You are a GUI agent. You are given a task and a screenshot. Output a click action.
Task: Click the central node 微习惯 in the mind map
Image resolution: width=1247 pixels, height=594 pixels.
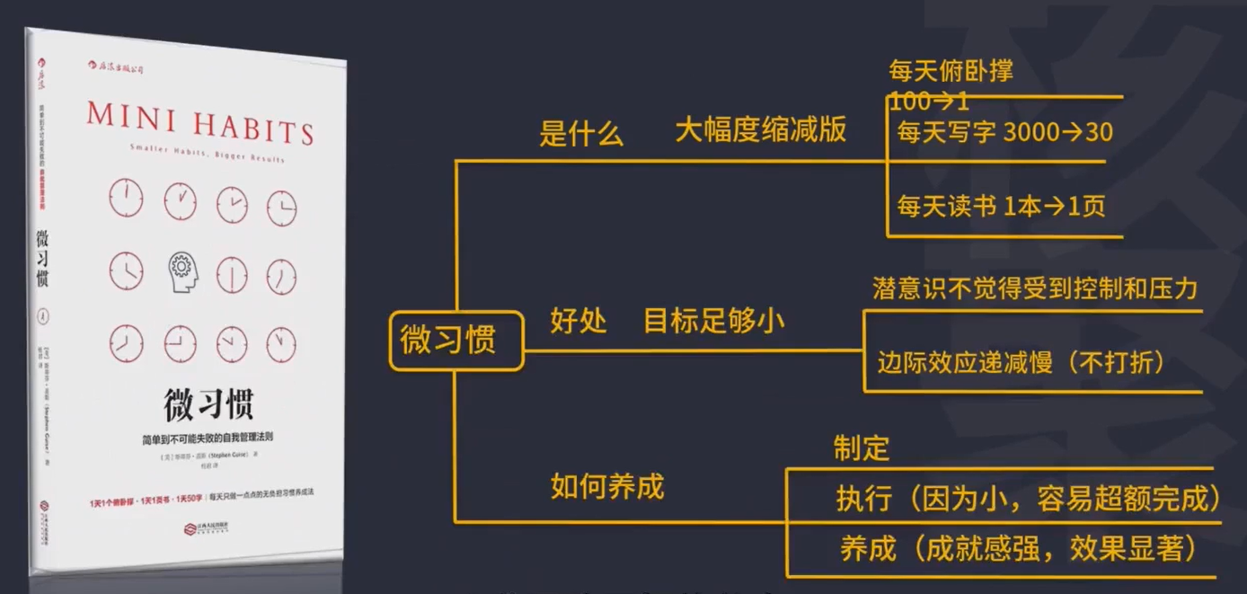click(x=455, y=341)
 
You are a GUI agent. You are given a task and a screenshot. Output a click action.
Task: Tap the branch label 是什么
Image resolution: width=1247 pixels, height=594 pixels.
click(x=580, y=134)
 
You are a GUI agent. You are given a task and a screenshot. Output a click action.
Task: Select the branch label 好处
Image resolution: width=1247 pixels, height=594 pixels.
click(x=579, y=321)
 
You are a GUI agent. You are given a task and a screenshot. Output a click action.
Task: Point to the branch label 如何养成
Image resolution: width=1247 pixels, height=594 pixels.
click(x=606, y=486)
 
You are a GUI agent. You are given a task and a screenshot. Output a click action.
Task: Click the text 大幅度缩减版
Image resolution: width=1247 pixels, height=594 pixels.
click(x=760, y=130)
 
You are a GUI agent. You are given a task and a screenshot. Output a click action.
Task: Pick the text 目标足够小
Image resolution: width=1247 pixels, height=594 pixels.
click(x=713, y=321)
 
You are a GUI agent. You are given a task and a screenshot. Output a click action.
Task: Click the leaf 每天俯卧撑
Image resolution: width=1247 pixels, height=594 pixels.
click(x=951, y=71)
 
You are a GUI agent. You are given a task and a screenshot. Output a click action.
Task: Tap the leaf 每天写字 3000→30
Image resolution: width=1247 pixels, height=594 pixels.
click(x=1004, y=133)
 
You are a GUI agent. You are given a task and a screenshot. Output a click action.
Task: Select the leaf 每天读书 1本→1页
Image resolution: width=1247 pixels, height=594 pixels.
click(x=1001, y=207)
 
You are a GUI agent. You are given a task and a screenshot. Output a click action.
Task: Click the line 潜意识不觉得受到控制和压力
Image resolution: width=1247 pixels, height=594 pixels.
click(x=1035, y=288)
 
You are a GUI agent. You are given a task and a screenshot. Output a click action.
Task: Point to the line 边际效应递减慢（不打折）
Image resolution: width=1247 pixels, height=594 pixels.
click(x=1021, y=363)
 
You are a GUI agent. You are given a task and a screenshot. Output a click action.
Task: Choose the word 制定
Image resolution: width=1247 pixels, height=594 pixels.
click(x=861, y=448)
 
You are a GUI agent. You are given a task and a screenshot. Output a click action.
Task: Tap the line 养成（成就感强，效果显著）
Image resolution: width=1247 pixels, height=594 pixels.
click(x=1012, y=548)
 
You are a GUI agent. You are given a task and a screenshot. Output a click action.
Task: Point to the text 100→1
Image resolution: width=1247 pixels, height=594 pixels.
click(x=929, y=99)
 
